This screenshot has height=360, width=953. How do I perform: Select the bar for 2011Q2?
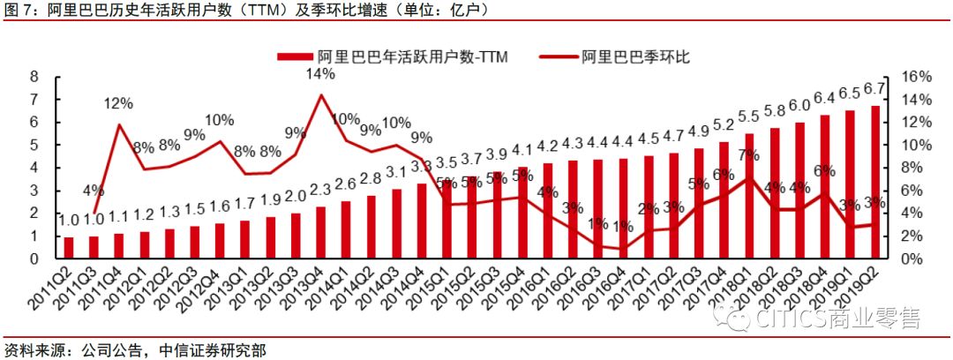pos(68,248)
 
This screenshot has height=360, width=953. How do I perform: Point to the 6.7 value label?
pos(874,89)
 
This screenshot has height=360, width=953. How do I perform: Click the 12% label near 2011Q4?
pos(118,103)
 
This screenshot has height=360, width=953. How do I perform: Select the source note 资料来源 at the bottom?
pos(34,349)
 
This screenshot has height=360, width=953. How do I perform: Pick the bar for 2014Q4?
pos(422,221)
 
